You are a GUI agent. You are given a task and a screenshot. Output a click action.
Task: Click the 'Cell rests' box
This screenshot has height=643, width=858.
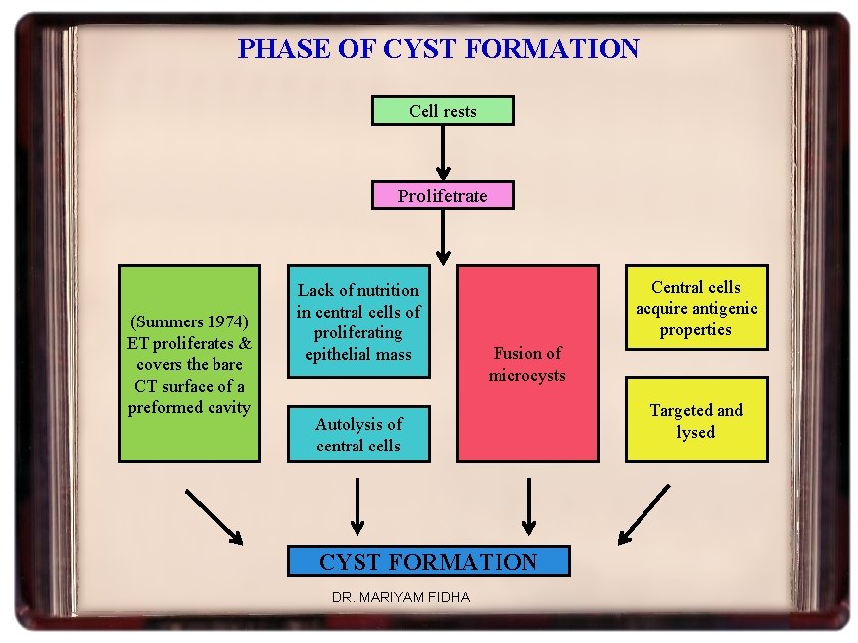pos(443,110)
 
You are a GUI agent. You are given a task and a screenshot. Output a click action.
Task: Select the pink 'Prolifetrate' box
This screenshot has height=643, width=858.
pos(443,195)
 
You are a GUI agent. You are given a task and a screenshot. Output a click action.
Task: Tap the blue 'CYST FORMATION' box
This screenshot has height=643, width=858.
pos(428,561)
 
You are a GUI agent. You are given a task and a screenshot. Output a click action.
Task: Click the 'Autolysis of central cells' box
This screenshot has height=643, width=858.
pos(358,435)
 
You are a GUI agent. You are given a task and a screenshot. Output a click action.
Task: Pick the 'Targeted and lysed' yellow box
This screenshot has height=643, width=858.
pos(695,420)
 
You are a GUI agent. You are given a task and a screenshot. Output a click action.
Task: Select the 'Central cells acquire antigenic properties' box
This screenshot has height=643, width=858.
pos(695,308)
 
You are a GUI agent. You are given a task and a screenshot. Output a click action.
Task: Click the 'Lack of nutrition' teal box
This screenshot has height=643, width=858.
pos(358,321)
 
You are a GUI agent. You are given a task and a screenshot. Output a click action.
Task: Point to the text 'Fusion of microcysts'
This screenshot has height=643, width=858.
pos(527,364)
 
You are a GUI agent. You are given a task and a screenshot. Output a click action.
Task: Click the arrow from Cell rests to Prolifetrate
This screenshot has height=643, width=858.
pos(443,153)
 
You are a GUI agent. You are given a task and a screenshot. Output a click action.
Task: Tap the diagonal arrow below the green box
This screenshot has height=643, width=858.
pos(214,516)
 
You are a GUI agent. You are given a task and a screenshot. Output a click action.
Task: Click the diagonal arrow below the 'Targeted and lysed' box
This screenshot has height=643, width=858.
pos(643,516)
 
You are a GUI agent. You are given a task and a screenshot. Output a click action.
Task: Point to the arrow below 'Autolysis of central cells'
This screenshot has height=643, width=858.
pos(357,507)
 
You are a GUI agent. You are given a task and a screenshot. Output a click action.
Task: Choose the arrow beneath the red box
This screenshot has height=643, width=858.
pos(528,507)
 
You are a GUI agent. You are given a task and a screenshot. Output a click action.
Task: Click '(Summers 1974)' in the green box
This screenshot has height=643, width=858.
pos(189,321)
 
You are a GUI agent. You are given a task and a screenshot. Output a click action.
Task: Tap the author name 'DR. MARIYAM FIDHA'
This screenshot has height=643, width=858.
pos(400,597)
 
